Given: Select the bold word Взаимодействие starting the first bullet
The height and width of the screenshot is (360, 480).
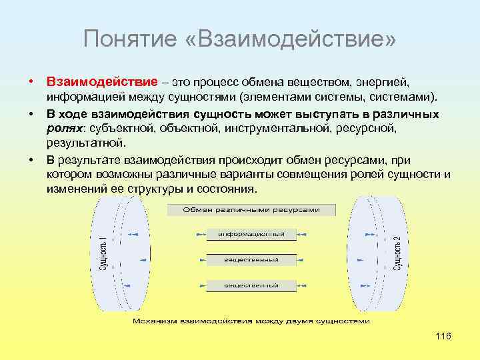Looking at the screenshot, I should tap(102, 82).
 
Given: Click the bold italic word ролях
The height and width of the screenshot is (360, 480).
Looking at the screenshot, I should tap(63, 129).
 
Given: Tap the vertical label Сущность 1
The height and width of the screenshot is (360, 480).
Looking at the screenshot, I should tap(103, 254).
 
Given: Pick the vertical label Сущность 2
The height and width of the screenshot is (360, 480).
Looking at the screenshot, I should tap(397, 254).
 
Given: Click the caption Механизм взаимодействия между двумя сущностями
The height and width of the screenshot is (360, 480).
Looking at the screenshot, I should tap(251, 321).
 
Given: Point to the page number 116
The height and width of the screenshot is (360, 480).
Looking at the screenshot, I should tap(443, 336).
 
